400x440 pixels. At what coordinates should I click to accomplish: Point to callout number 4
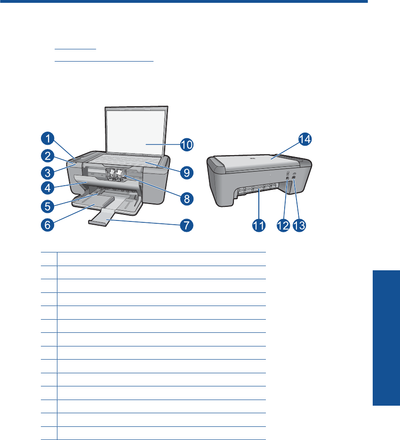tap(46, 187)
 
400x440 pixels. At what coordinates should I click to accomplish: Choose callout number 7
tap(187, 225)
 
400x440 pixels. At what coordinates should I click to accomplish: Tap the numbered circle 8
tap(187, 198)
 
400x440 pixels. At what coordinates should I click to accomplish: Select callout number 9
tap(187, 173)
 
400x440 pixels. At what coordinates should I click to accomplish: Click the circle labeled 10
tap(187, 144)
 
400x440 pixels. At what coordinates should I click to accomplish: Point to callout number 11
tap(258, 226)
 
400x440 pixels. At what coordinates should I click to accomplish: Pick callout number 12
tap(282, 226)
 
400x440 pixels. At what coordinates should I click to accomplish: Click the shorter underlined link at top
tap(75, 48)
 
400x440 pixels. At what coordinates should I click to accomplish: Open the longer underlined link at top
tap(104, 61)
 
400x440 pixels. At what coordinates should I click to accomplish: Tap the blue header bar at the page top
tap(184, 2)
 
